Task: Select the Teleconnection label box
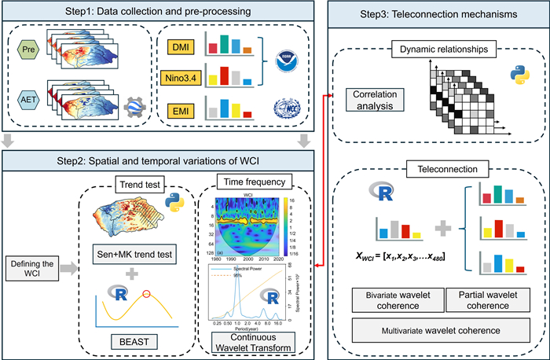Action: point(438,168)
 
